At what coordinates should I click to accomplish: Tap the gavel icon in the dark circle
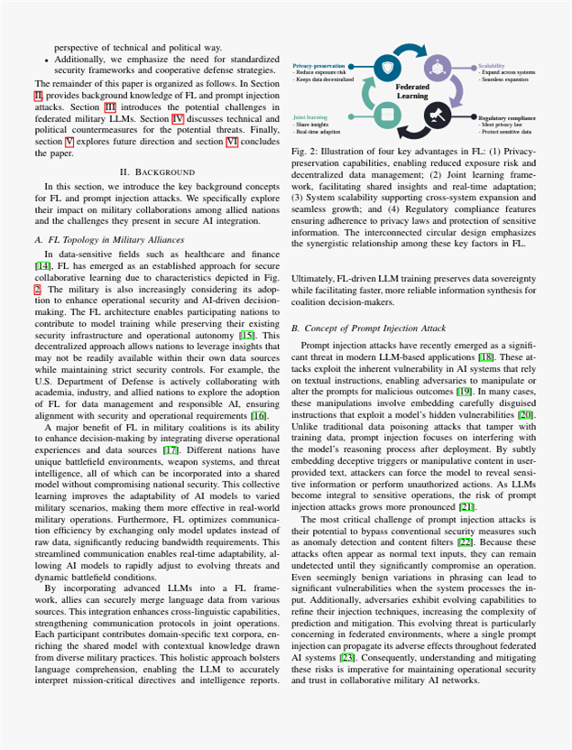tap(441, 115)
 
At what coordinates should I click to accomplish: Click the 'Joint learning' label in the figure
tap(310, 117)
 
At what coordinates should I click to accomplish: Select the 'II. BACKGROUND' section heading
tap(156, 196)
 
